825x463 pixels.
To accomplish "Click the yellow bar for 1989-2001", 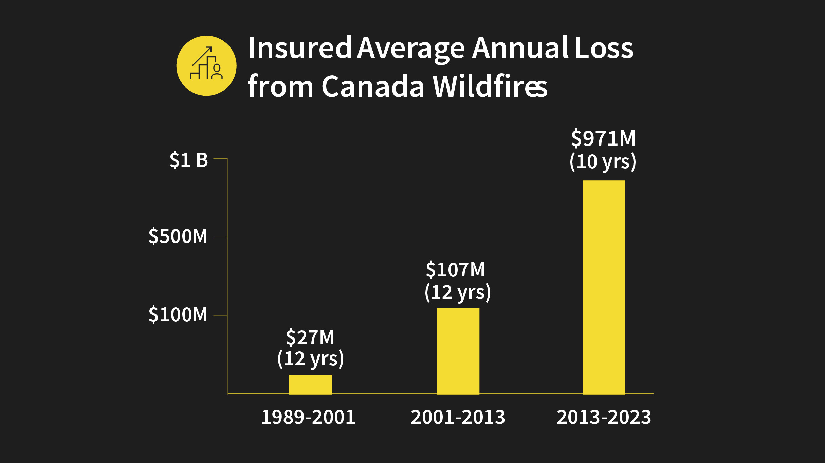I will click(x=310, y=384).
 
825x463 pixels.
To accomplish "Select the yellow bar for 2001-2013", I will click(x=458, y=351).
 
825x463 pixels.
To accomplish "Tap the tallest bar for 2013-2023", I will click(x=604, y=287).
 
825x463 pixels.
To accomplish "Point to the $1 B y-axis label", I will click(x=189, y=160).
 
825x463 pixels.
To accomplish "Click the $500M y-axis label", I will click(x=178, y=236).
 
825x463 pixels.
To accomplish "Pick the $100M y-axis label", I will click(x=178, y=314).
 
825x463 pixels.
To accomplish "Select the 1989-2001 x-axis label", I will click(x=308, y=417).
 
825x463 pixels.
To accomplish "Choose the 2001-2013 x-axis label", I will click(x=458, y=417).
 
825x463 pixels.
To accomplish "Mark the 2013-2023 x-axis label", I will click(x=604, y=417).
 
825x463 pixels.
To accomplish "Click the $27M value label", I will click(x=310, y=337).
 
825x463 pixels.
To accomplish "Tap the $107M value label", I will click(x=455, y=270).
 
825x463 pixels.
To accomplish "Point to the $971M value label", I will click(x=603, y=139).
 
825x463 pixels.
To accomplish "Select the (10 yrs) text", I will click(x=603, y=161).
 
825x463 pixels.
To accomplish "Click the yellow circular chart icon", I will click(x=206, y=66).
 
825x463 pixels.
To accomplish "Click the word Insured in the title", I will click(x=299, y=48).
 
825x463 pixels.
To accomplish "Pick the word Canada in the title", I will click(x=373, y=86).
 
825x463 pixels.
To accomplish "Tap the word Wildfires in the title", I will click(x=490, y=86).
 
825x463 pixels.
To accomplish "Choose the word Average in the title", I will click(x=411, y=48).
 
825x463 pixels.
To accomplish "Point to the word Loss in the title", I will click(x=604, y=48).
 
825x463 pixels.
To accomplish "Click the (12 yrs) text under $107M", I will click(x=458, y=292).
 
